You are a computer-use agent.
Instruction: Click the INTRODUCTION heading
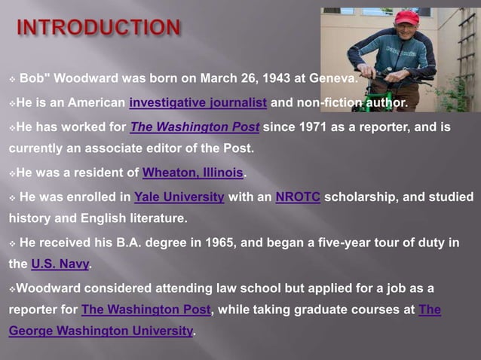[99, 29]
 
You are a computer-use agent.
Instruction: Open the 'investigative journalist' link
[198, 102]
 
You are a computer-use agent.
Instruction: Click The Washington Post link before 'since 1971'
[195, 127]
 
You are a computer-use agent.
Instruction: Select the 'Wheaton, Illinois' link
[194, 172]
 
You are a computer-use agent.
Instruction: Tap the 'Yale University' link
[179, 197]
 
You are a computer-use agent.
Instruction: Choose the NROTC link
[298, 197]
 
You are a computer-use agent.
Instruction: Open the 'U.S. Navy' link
[60, 264]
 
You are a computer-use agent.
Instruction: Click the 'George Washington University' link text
[101, 331]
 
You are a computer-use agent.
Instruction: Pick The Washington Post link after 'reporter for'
[146, 310]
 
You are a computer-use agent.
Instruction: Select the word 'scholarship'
[362, 197]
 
